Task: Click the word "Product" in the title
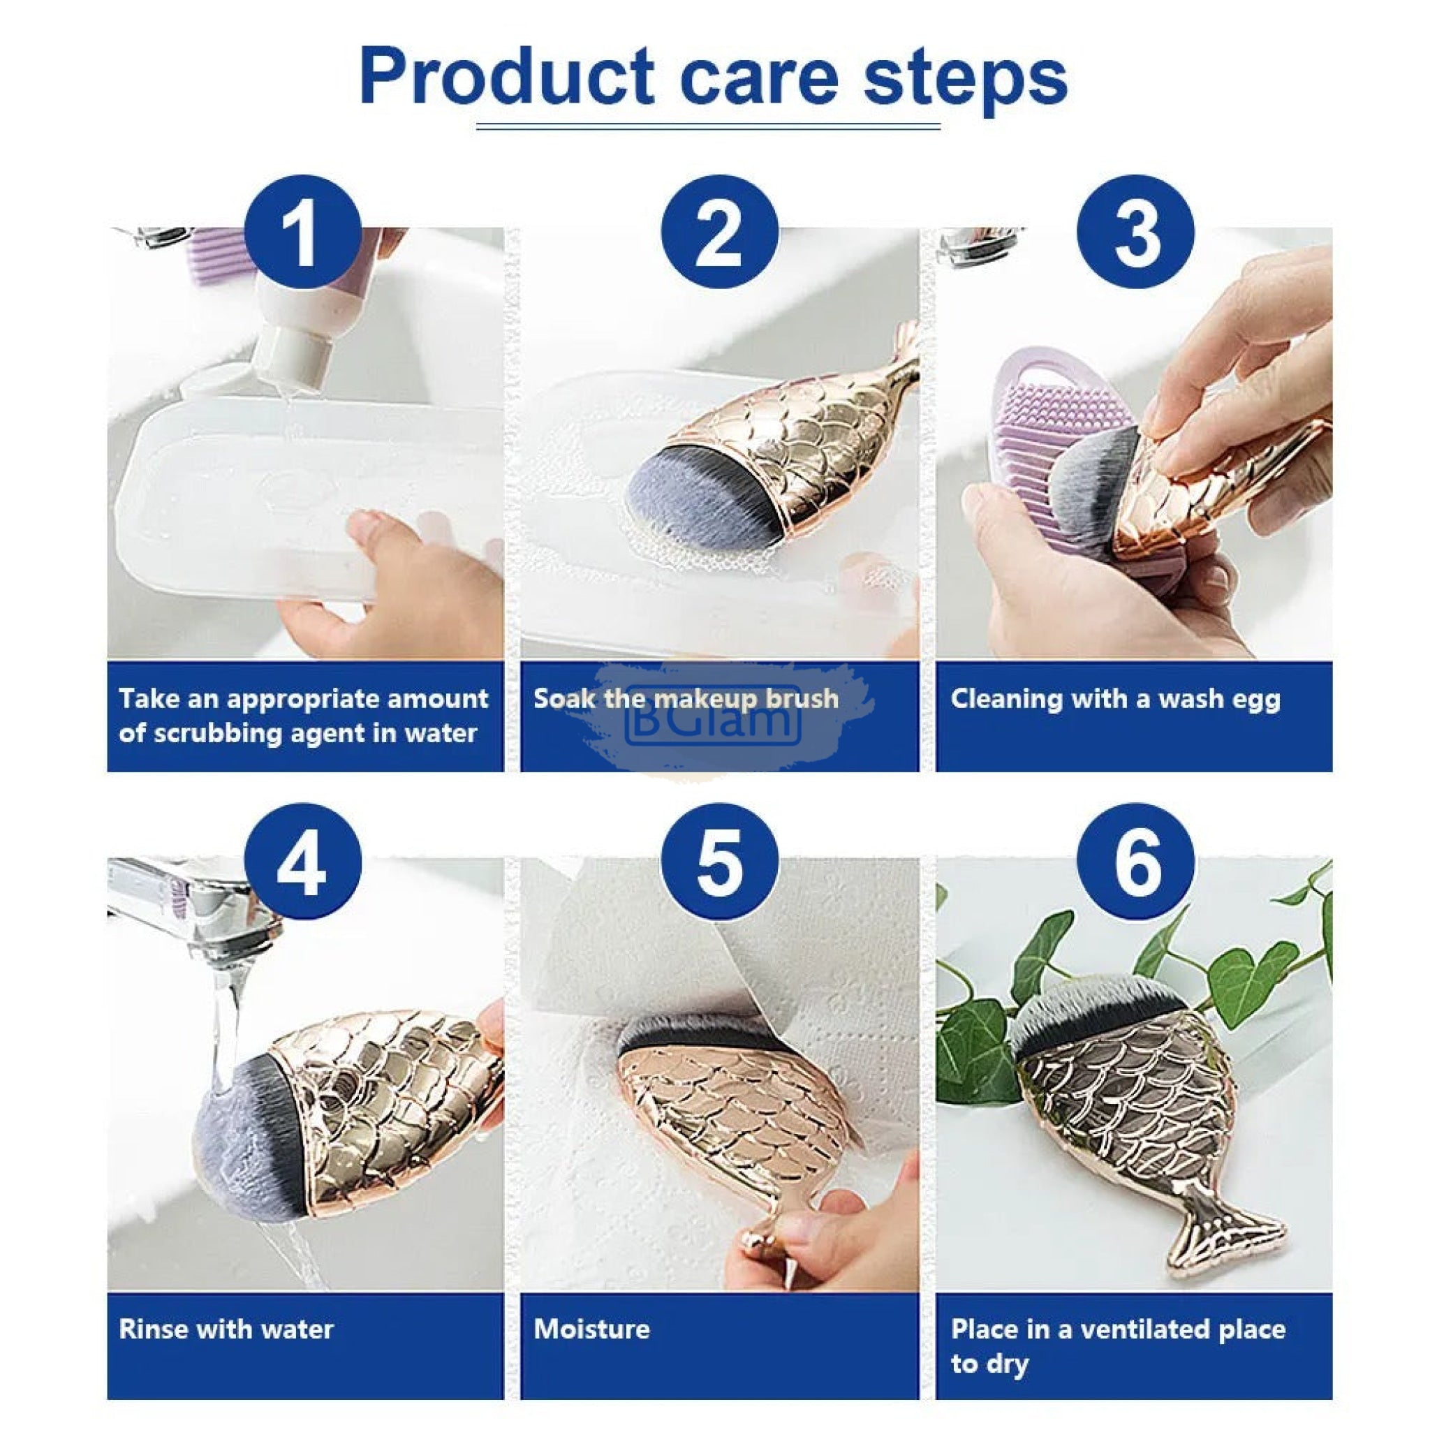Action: click(x=507, y=76)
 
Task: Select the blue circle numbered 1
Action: click(x=303, y=233)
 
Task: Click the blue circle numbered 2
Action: click(x=719, y=233)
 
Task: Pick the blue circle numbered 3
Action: click(x=1135, y=233)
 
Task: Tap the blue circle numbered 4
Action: click(x=303, y=862)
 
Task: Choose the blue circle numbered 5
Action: click(x=719, y=862)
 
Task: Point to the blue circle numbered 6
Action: click(x=1135, y=862)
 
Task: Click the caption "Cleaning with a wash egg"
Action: click(x=1115, y=700)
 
